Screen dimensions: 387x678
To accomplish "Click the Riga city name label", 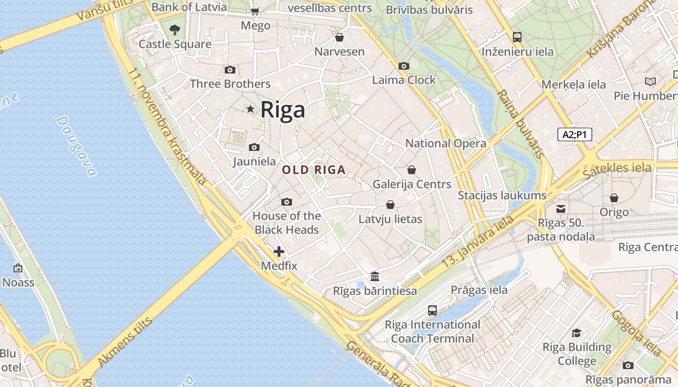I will click(283, 110).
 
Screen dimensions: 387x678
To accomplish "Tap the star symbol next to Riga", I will click(250, 109).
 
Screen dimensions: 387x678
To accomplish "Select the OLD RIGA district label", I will click(314, 170).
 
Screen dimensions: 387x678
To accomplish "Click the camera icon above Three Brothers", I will click(230, 70).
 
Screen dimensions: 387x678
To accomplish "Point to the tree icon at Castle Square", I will click(175, 30).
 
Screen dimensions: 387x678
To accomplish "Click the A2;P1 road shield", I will click(575, 134).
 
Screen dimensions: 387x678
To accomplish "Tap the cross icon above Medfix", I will click(279, 252).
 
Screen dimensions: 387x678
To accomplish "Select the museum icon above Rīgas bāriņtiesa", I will click(375, 277).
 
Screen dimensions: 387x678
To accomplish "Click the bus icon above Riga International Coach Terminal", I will click(432, 310).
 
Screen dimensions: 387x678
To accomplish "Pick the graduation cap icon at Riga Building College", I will click(576, 333).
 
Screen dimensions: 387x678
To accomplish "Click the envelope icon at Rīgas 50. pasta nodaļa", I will click(561, 209).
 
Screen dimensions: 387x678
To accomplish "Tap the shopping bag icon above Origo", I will click(614, 198).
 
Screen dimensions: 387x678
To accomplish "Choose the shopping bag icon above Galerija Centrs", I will click(412, 170).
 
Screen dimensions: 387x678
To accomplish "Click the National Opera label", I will click(446, 143).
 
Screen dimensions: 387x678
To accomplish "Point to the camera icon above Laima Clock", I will click(403, 66).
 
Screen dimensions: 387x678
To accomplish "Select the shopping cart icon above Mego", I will click(255, 11).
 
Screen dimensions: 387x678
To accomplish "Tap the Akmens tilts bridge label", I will click(125, 342).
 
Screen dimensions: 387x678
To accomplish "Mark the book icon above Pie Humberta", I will click(650, 82).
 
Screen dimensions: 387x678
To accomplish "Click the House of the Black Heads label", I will click(287, 223).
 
